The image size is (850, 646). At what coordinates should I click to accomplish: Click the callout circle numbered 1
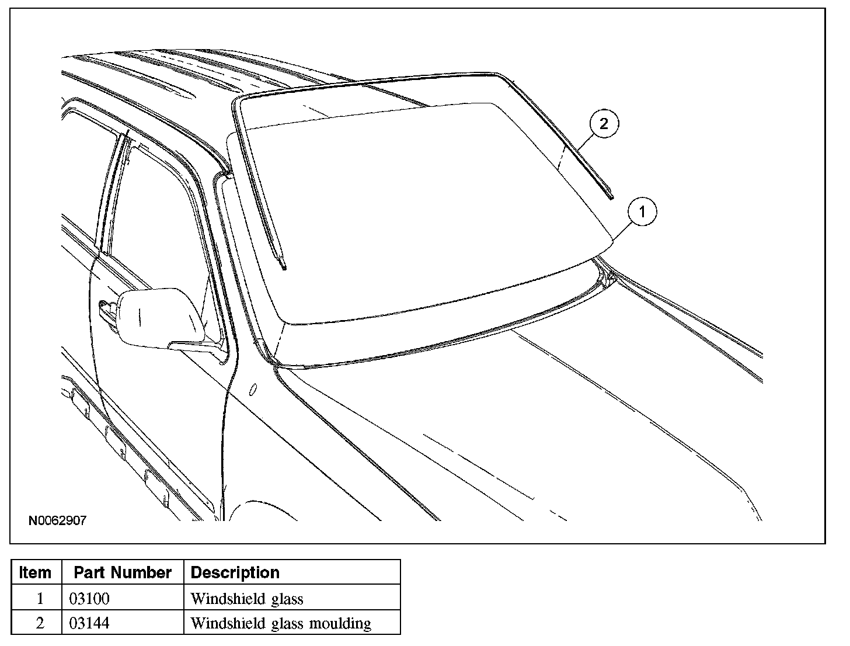642,212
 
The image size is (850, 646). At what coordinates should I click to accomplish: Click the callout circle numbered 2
604,124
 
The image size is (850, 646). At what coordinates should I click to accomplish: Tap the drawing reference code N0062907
57,520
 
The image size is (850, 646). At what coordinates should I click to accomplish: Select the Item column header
35,572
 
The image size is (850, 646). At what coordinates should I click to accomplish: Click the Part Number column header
123,572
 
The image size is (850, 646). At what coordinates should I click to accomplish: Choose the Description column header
235,572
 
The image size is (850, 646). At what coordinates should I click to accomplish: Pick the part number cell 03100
89,598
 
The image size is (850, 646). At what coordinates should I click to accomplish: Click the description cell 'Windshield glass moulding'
280,623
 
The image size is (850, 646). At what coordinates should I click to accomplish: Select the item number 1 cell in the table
40,598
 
